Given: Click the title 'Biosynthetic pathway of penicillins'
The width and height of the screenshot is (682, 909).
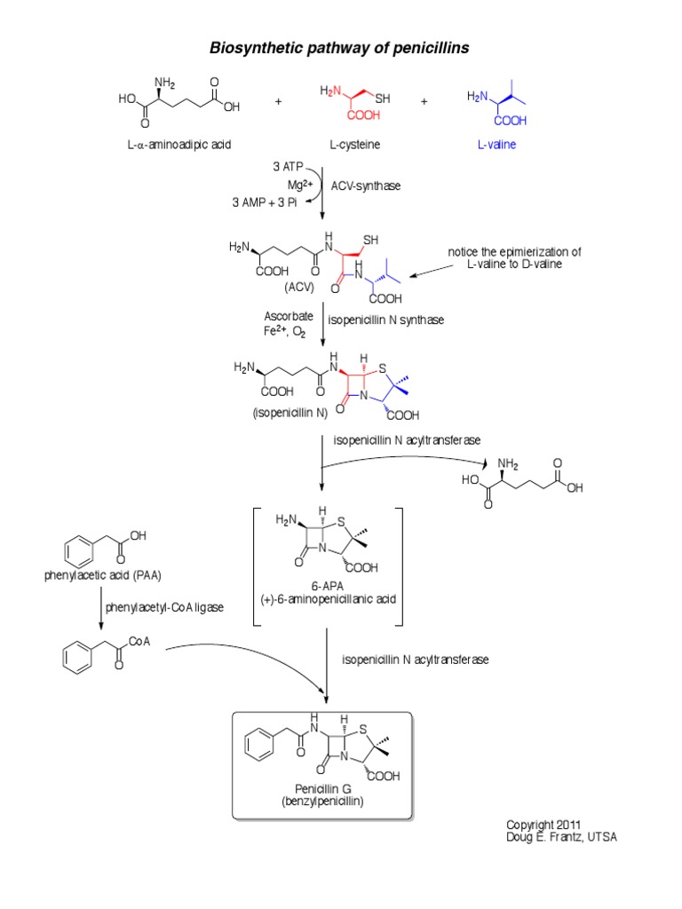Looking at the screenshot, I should point(339,48).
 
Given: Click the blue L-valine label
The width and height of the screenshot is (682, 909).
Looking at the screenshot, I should point(492,144).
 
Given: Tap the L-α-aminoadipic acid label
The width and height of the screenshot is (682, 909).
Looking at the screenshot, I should point(178,144).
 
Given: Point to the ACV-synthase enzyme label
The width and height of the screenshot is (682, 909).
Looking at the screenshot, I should point(367,186).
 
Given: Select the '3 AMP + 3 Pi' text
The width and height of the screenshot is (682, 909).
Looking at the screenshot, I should point(264,203).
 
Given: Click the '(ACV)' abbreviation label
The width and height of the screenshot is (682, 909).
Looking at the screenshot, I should point(301,288).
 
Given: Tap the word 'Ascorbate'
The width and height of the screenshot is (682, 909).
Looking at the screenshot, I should point(288,316).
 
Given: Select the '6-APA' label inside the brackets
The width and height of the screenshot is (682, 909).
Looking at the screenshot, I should point(327,585).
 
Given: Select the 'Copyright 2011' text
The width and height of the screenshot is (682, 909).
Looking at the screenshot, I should point(544,824).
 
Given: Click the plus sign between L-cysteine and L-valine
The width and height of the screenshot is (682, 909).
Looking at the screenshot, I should point(424,102).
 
